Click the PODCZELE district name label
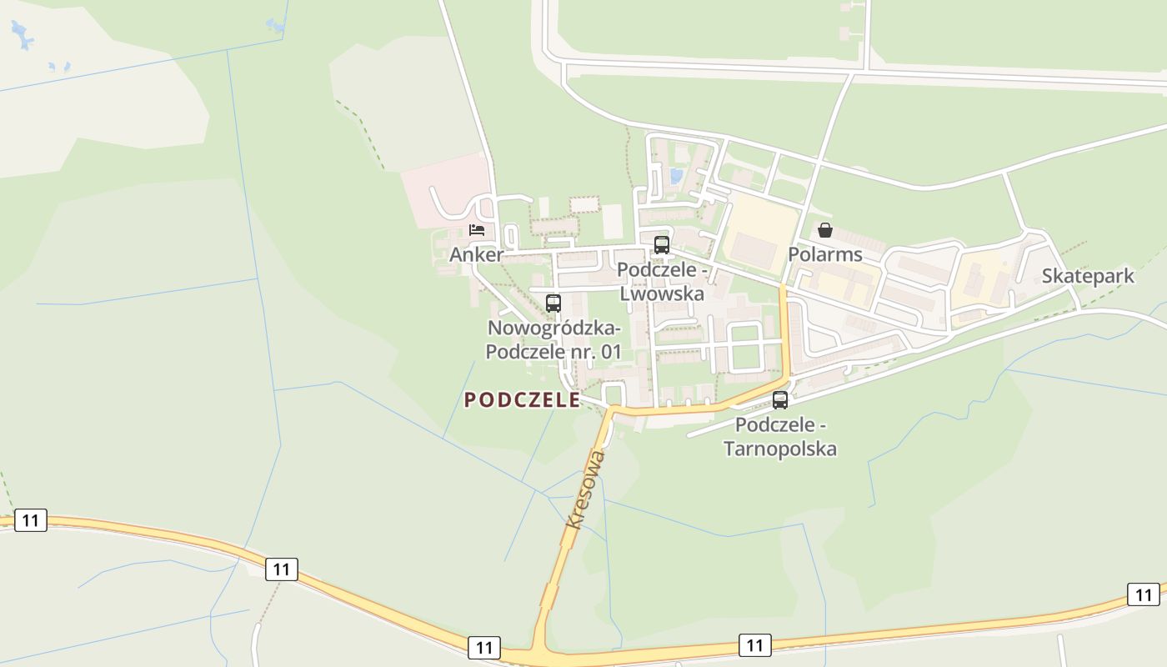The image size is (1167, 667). (x=522, y=400)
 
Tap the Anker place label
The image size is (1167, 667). (x=476, y=255)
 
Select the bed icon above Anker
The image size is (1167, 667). (x=477, y=230)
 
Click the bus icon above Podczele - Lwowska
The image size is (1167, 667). (x=662, y=245)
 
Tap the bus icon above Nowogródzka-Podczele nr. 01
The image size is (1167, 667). (x=553, y=303)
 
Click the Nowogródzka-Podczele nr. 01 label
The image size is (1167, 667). (x=553, y=339)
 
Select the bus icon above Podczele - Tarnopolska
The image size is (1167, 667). (x=780, y=400)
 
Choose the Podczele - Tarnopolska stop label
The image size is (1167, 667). (x=780, y=437)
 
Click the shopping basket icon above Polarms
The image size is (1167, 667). (x=825, y=230)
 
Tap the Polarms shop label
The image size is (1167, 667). (x=825, y=254)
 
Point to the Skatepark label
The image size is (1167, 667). (x=1088, y=277)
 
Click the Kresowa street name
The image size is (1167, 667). (x=585, y=489)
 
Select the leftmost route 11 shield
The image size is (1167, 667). (x=31, y=521)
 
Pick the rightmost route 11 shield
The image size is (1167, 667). (x=1143, y=594)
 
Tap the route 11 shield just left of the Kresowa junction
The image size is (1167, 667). (x=484, y=647)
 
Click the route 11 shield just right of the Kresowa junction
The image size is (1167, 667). (x=754, y=644)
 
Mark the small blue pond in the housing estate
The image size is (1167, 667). (x=676, y=176)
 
